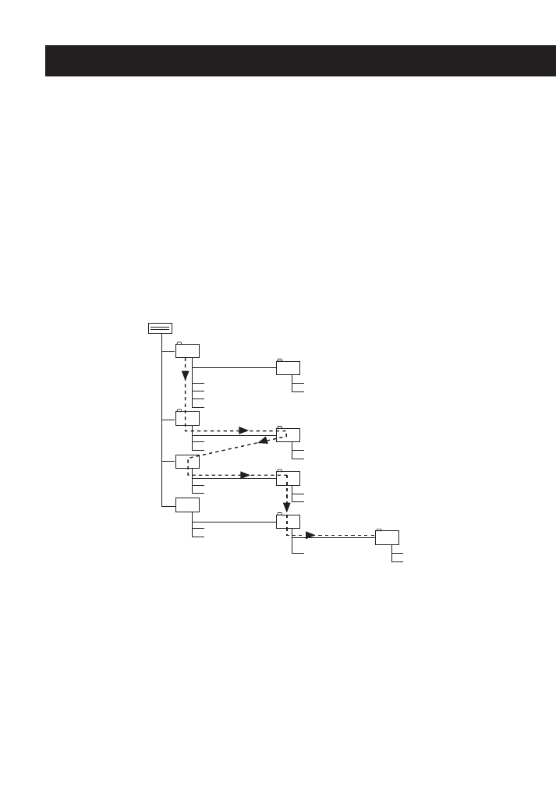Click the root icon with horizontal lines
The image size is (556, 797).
click(x=160, y=328)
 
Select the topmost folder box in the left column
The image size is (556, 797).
click(x=187, y=350)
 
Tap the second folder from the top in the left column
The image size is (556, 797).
click(x=187, y=418)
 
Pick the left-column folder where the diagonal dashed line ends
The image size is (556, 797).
click(x=187, y=462)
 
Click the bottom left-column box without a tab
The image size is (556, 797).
click(x=187, y=505)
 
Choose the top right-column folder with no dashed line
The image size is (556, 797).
click(x=288, y=368)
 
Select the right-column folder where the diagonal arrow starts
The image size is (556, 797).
click(x=288, y=435)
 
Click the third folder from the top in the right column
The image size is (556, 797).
click(x=288, y=478)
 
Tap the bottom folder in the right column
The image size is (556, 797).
click(x=288, y=522)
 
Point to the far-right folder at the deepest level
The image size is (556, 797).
click(x=387, y=537)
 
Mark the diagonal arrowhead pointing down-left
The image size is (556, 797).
click(x=264, y=441)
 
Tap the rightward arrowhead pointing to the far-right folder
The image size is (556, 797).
click(x=310, y=535)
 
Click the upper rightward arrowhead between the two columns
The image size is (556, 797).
click(x=243, y=430)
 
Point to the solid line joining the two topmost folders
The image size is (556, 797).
click(x=234, y=367)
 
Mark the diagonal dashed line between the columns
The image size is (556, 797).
click(x=230, y=448)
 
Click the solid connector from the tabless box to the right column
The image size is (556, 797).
click(x=234, y=521)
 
